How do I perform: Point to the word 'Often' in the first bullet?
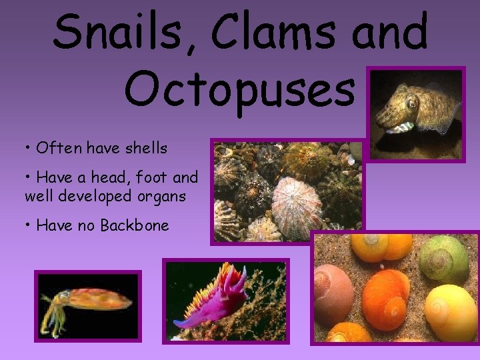[x=56, y=148]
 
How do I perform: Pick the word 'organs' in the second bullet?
[x=163, y=197]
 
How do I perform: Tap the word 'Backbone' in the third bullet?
[x=135, y=225]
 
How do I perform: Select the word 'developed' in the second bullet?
[x=100, y=197]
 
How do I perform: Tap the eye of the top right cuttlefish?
[x=411, y=103]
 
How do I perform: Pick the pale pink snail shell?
[x=333, y=293]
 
